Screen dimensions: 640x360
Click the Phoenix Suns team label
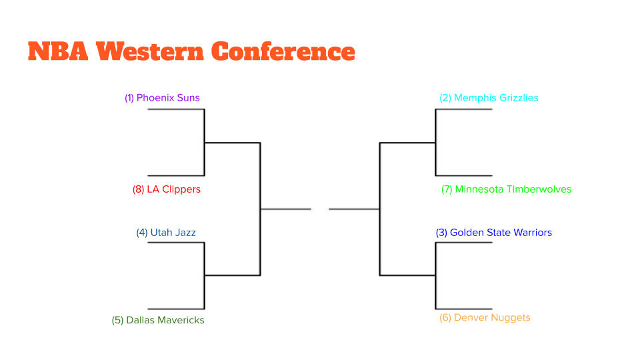point(162,98)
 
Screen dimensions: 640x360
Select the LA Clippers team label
point(167,189)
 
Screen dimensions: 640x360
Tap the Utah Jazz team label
point(166,233)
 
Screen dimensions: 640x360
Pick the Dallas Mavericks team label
point(158,320)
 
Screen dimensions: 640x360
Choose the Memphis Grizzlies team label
point(489,98)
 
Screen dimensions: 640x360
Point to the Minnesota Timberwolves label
point(507,189)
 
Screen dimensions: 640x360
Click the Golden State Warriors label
point(494,233)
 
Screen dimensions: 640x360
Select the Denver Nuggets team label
point(485,317)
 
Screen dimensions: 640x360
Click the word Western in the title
point(150,51)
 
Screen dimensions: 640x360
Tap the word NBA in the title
point(58,51)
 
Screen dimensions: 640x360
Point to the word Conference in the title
point(283,51)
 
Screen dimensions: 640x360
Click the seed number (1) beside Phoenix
point(129,98)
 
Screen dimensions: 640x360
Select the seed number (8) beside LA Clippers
point(139,189)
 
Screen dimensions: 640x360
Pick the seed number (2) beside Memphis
point(445,98)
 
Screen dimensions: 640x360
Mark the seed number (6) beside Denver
point(445,317)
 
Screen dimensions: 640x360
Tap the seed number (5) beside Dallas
point(117,320)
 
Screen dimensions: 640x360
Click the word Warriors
point(533,233)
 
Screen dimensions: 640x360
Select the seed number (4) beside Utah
point(142,233)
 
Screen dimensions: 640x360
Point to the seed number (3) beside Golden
point(441,233)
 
